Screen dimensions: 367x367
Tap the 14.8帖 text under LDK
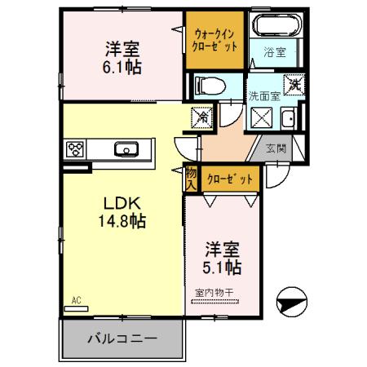point(124,219)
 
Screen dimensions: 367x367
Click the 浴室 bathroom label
point(274,52)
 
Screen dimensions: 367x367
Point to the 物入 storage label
point(191,179)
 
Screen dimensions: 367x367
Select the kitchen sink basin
point(127,148)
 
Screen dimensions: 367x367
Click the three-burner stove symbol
point(77,148)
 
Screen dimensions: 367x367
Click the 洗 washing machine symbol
point(292,85)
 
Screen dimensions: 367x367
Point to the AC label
point(77,299)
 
